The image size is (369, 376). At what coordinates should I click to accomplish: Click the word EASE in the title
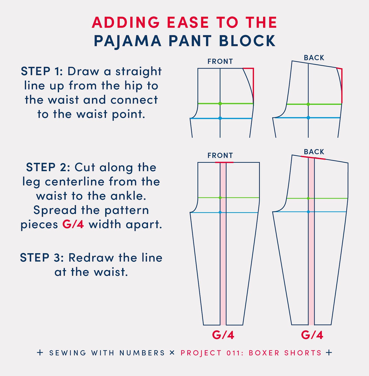pos(188,22)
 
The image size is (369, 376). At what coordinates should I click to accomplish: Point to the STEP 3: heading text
pos(42,258)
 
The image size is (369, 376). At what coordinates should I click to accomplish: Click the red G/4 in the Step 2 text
pos(73,224)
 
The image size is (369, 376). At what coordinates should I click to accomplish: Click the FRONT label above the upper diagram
pos(220,62)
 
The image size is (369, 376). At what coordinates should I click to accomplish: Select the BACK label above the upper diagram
pos(314,58)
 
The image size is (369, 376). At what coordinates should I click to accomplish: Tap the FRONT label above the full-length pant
pos(220,155)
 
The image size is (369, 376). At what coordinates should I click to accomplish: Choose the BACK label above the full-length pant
pos(314,152)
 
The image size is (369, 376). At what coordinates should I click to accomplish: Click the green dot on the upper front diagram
pos(220,104)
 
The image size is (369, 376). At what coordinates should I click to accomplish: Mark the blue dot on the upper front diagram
pos(220,118)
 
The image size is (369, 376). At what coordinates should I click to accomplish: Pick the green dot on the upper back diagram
pos(308,104)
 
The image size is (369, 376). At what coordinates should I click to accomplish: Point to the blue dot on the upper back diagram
pos(308,118)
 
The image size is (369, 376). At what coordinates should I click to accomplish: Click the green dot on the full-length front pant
pos(220,198)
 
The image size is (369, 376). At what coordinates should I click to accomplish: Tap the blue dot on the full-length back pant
pos(308,212)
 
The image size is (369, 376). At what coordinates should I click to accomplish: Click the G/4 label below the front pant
pos(223,335)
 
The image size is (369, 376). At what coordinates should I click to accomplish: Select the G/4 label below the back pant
pos(312,335)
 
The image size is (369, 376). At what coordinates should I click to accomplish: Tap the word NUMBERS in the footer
pos(142,353)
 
